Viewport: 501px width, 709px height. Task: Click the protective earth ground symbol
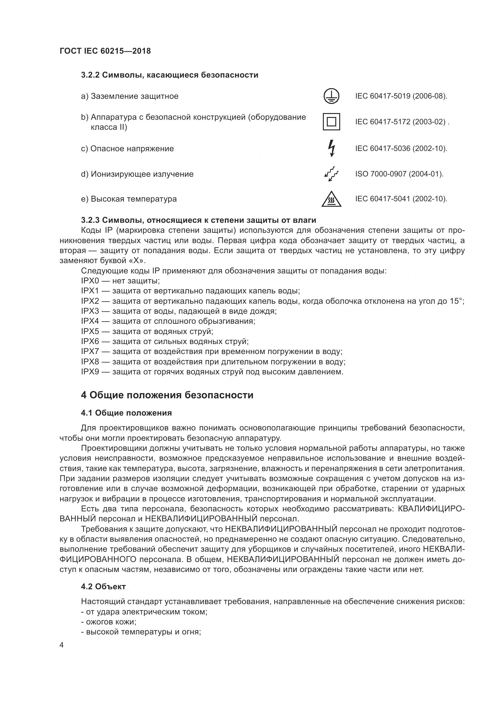click(331, 96)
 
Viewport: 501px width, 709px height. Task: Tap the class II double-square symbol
click(331, 122)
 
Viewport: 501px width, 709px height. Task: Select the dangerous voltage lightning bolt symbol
click(332, 148)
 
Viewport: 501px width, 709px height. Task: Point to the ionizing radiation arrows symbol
click(331, 174)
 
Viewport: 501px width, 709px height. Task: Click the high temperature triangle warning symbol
click(331, 199)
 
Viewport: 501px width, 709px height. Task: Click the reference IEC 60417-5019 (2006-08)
click(401, 96)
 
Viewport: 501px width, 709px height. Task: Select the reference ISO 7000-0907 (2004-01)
click(399, 174)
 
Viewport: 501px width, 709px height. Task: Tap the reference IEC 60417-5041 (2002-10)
click(401, 199)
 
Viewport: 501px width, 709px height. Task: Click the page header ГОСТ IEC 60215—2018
click(105, 51)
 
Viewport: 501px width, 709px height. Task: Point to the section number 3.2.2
click(90, 75)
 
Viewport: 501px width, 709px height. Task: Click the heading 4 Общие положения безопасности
click(167, 395)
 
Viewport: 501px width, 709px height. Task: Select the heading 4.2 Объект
click(103, 587)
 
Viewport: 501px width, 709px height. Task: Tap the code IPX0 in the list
click(90, 281)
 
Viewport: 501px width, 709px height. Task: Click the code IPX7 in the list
click(90, 351)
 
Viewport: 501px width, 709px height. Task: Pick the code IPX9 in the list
click(90, 372)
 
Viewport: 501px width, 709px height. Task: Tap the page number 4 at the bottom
click(62, 645)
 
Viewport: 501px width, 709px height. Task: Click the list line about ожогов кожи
click(109, 622)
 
